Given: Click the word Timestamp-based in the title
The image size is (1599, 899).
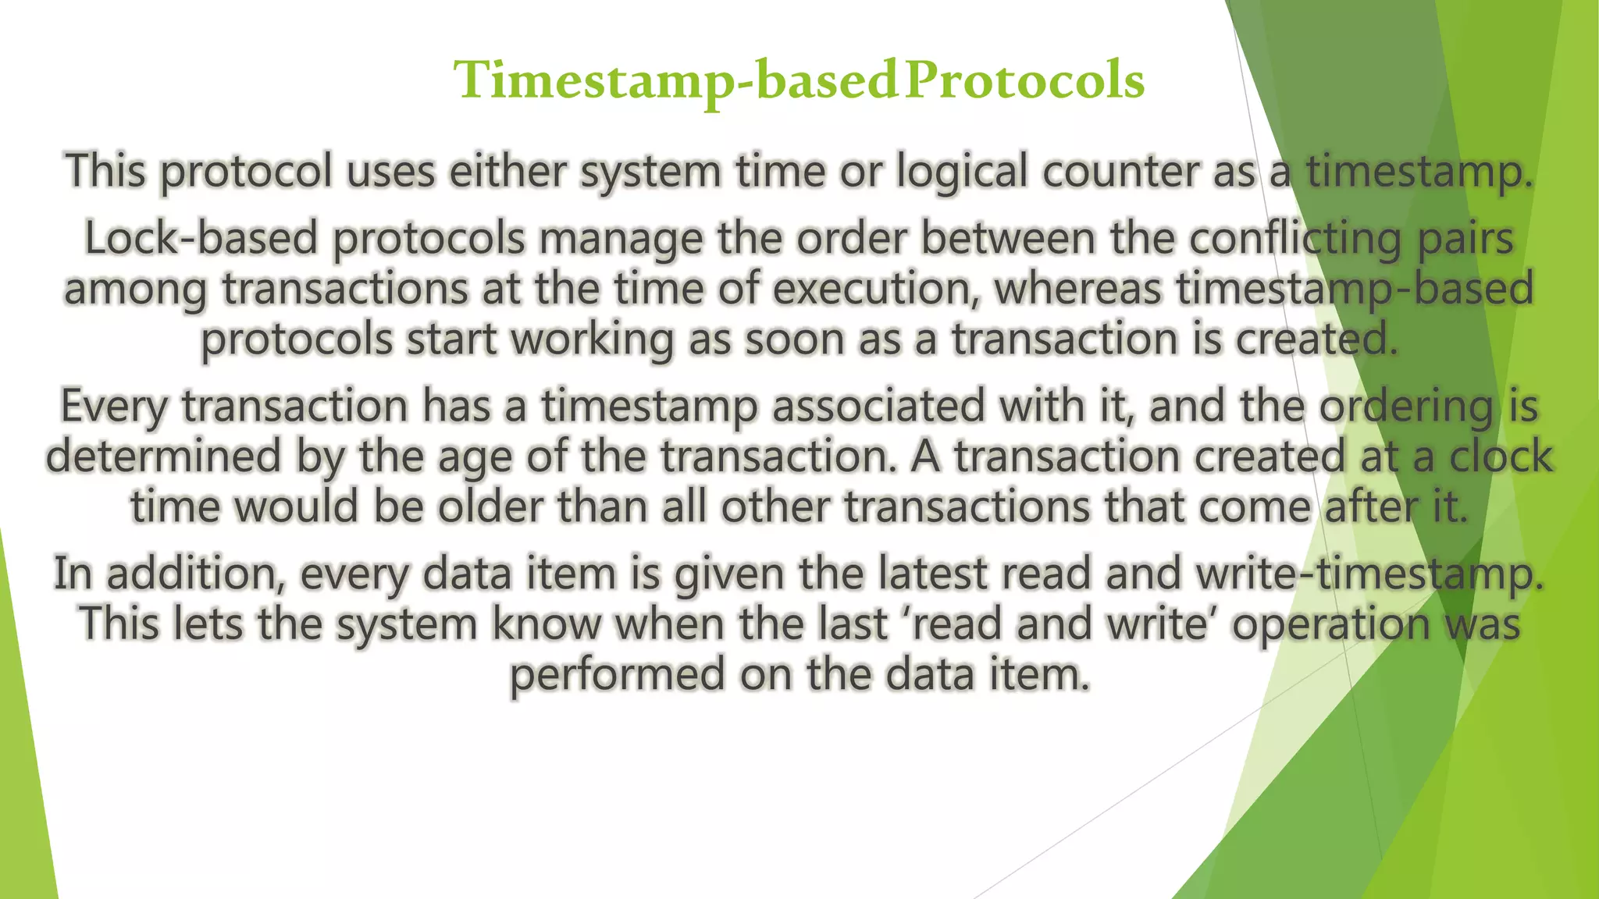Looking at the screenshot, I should [x=676, y=81].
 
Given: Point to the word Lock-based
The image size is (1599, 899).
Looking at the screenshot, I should [x=201, y=238].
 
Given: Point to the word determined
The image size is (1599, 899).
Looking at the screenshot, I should [x=162, y=457].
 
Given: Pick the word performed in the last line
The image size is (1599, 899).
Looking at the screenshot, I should [x=618, y=674].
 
